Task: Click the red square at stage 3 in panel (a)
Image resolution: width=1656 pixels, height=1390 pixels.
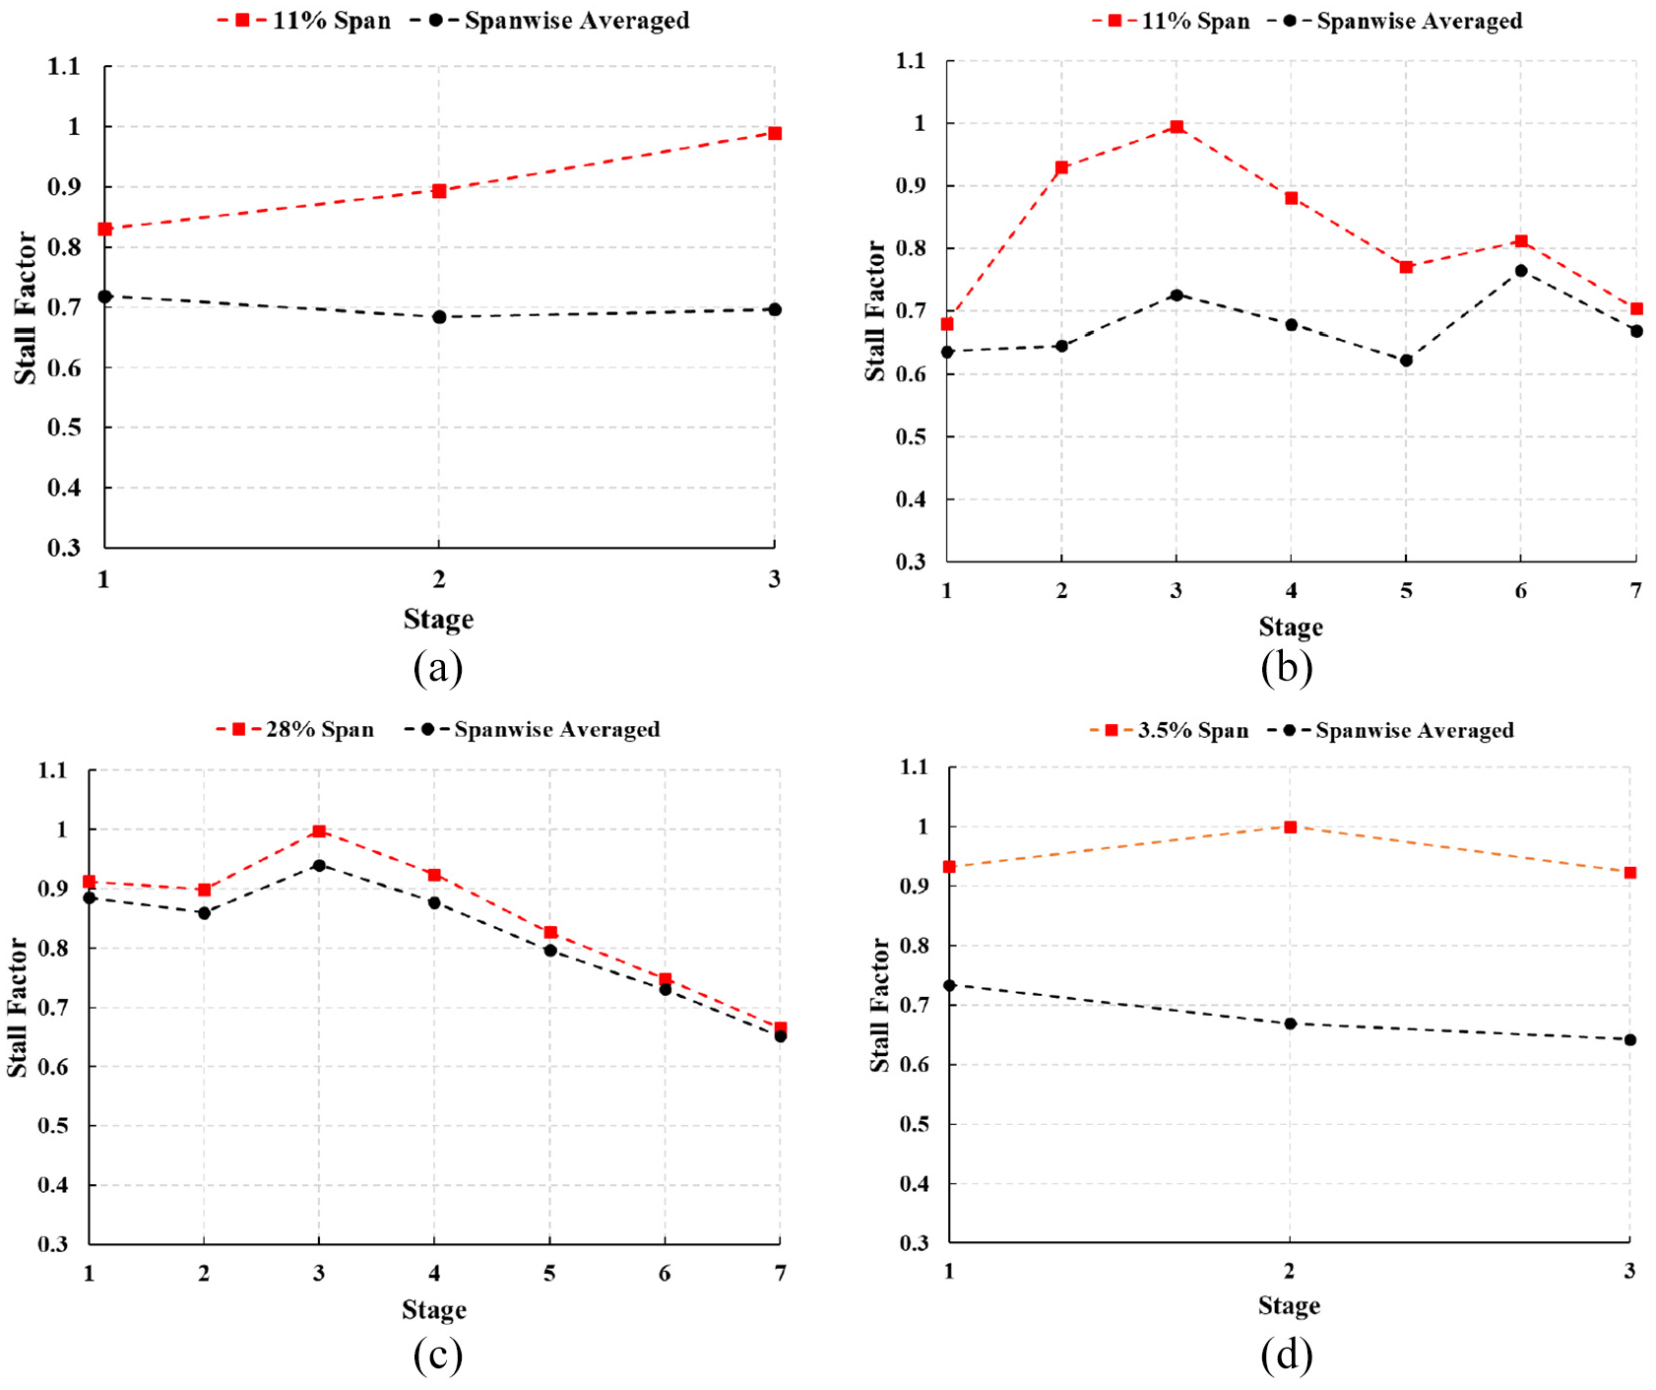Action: pyautogui.click(x=775, y=133)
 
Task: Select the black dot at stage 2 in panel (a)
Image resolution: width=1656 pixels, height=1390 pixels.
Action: pyautogui.click(x=439, y=317)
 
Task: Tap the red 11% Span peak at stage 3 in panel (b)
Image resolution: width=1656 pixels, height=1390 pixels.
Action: pyautogui.click(x=1177, y=127)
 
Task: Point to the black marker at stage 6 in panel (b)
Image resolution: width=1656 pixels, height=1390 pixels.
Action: pyautogui.click(x=1521, y=270)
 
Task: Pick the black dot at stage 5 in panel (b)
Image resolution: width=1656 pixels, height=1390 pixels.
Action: pyautogui.click(x=1406, y=361)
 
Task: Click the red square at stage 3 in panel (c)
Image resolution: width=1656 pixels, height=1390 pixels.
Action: pyautogui.click(x=319, y=831)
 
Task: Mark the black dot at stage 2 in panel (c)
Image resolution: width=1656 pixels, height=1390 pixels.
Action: pyautogui.click(x=204, y=913)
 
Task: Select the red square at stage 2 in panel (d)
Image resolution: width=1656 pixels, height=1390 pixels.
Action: pyautogui.click(x=1290, y=827)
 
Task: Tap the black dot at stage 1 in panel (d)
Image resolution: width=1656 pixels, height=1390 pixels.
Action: pyautogui.click(x=949, y=985)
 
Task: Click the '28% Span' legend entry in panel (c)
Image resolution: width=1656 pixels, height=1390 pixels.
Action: pyautogui.click(x=295, y=730)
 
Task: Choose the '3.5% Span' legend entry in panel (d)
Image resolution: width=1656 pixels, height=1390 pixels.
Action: pyautogui.click(x=1169, y=731)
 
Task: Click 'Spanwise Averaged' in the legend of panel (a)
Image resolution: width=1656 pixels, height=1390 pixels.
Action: pyautogui.click(x=558, y=21)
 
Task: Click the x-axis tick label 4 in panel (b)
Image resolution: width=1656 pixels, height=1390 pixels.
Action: pyautogui.click(x=1291, y=591)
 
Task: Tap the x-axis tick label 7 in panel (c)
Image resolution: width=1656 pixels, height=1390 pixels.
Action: pyautogui.click(x=781, y=1274)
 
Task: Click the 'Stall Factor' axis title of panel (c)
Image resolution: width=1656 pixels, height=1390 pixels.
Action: pyautogui.click(x=18, y=1007)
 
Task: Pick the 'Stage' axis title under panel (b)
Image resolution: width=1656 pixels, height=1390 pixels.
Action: pyautogui.click(x=1291, y=628)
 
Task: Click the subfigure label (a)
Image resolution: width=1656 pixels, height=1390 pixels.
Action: pyautogui.click(x=438, y=668)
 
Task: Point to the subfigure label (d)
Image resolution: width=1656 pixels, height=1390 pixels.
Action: pyautogui.click(x=1287, y=1356)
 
